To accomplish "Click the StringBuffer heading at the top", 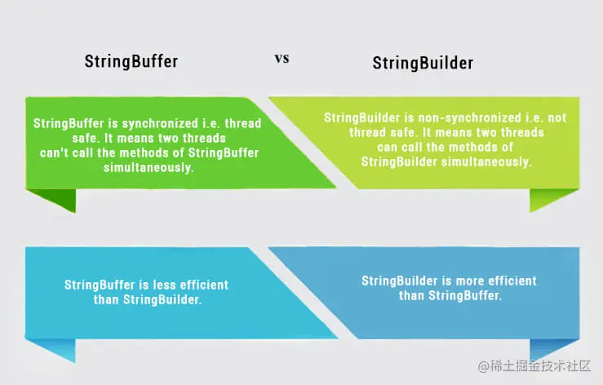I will tap(131, 61).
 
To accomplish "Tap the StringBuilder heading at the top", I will tap(423, 63).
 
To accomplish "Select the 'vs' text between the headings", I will tap(281, 59).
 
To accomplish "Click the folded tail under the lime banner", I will tap(542, 200).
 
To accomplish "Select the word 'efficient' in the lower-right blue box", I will tap(509, 281).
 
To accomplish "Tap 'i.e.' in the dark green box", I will tap(204, 122).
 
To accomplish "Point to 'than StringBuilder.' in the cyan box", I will tap(148, 300).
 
